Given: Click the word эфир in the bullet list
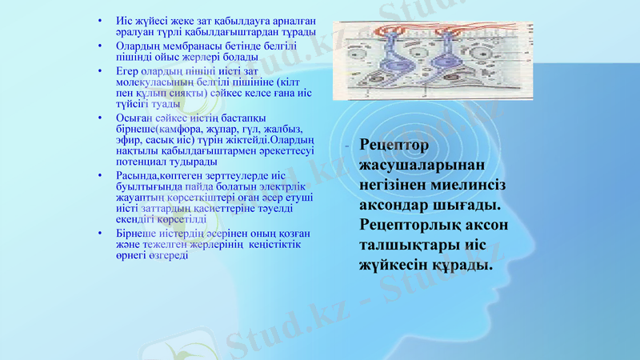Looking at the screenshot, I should click(127, 140).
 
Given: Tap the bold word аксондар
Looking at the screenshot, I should click(395, 204).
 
